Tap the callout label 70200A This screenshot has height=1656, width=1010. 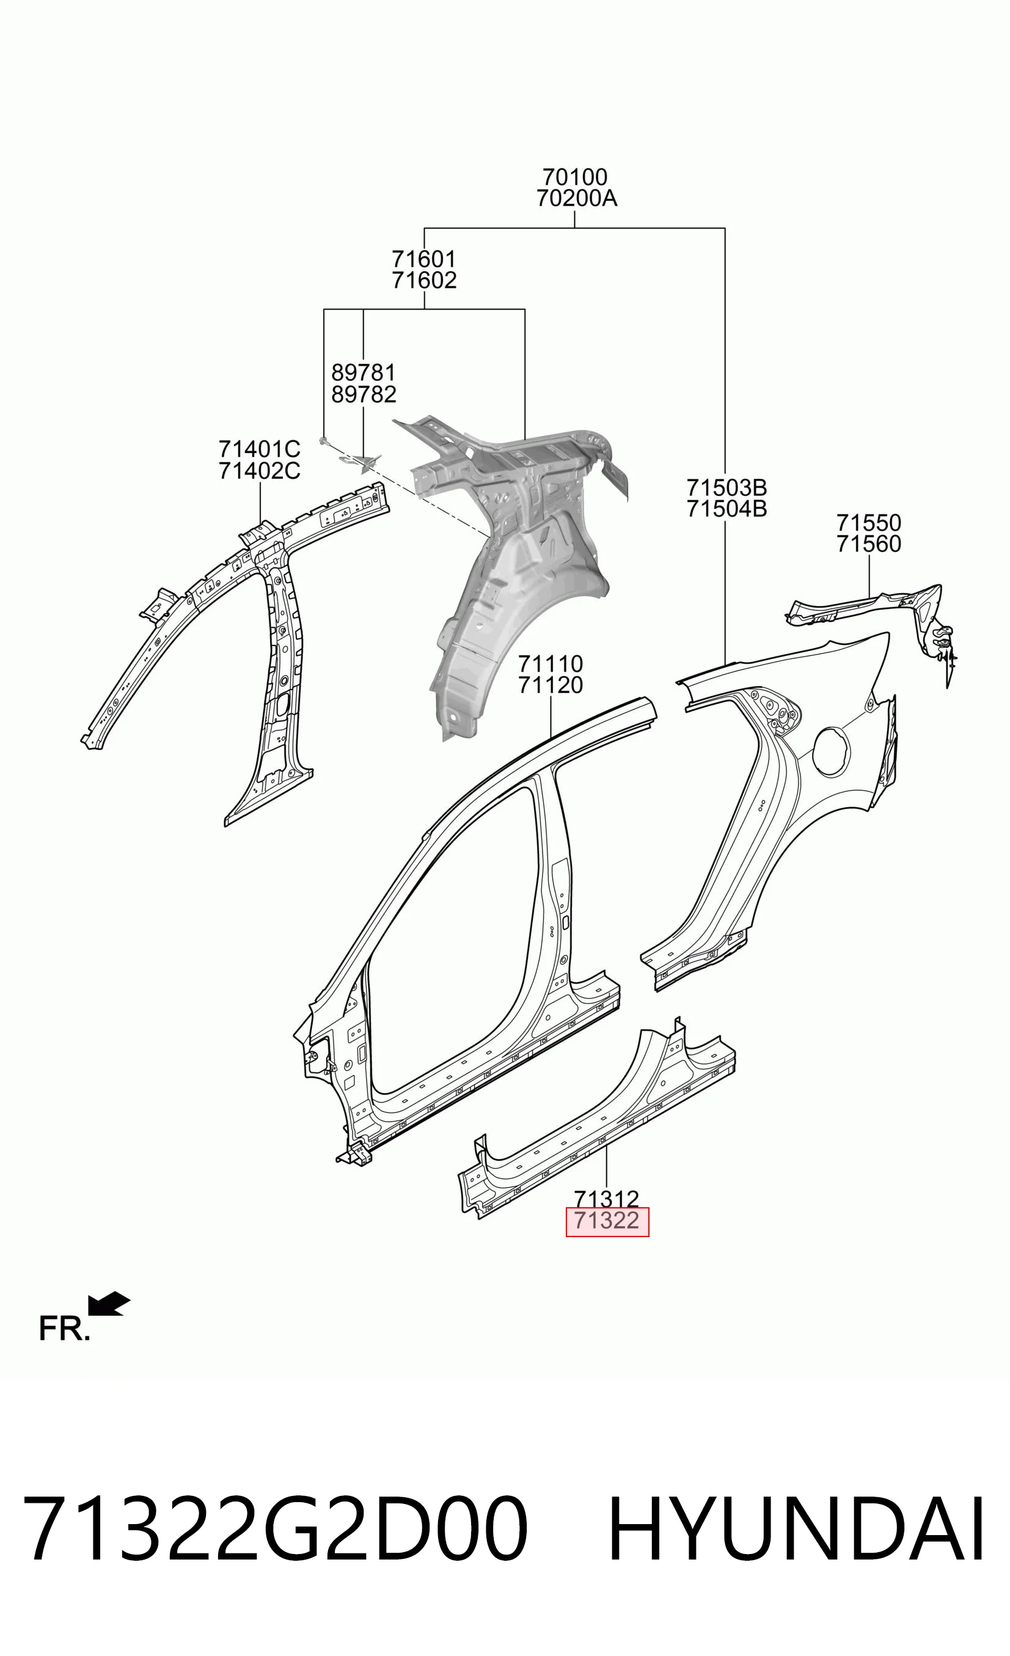pyautogui.click(x=576, y=199)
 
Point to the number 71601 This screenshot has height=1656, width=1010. pyautogui.click(x=424, y=259)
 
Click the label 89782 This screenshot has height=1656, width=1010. pyautogui.click(x=364, y=394)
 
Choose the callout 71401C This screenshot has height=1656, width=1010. pyautogui.click(x=260, y=449)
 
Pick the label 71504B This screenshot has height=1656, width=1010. pyautogui.click(x=727, y=509)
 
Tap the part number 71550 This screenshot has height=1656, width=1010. pyautogui.click(x=869, y=523)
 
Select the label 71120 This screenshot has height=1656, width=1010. pyautogui.click(x=550, y=686)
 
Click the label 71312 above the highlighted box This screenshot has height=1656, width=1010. pyautogui.click(x=607, y=1198)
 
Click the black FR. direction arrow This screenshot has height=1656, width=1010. pyautogui.click(x=109, y=1303)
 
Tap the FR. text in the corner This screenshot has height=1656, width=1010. pyautogui.click(x=64, y=1329)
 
